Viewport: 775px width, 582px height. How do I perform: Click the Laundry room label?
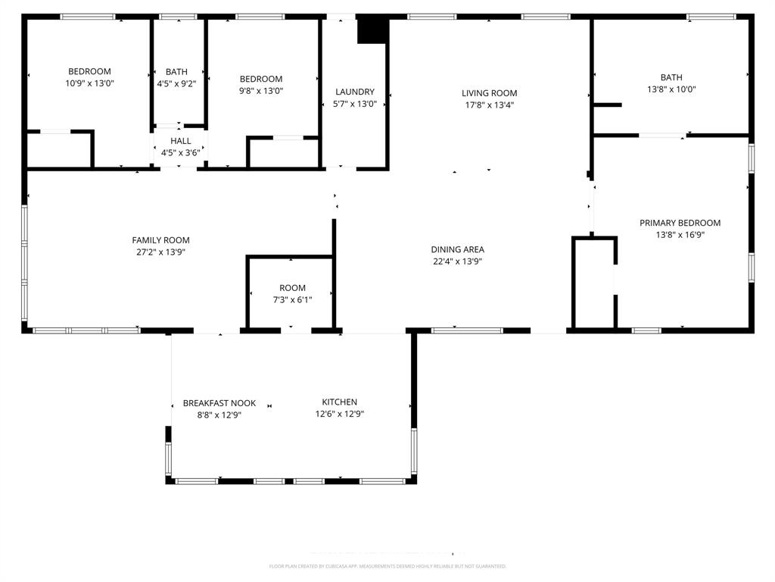pos(355,92)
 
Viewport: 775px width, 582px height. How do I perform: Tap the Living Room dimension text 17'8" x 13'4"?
pos(489,105)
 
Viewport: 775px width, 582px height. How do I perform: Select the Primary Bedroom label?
pos(680,223)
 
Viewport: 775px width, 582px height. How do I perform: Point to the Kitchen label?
pos(339,402)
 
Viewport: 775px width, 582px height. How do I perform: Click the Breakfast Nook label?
pos(219,403)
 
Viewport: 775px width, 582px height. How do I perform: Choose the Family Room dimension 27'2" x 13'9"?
pos(160,252)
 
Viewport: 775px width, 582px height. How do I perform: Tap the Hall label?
pos(181,141)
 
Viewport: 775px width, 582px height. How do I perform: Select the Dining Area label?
pos(457,249)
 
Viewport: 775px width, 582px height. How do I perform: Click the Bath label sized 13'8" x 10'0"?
pos(671,77)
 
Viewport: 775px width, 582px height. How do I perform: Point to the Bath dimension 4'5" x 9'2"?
pos(176,84)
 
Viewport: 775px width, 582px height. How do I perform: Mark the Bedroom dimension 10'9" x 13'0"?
pos(89,84)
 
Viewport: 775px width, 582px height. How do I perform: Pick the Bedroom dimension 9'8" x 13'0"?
pos(261,91)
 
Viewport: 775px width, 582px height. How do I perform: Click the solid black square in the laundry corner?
pos(372,30)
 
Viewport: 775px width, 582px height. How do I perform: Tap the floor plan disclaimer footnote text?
pos(387,566)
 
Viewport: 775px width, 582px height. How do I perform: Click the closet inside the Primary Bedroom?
pos(594,283)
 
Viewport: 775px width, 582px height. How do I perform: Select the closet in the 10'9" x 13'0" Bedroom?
pos(59,150)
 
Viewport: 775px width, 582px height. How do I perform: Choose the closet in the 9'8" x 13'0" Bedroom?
pos(284,152)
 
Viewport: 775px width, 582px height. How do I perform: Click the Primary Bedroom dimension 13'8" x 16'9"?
pos(680,235)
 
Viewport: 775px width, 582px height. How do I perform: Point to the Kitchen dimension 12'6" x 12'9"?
pos(339,414)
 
